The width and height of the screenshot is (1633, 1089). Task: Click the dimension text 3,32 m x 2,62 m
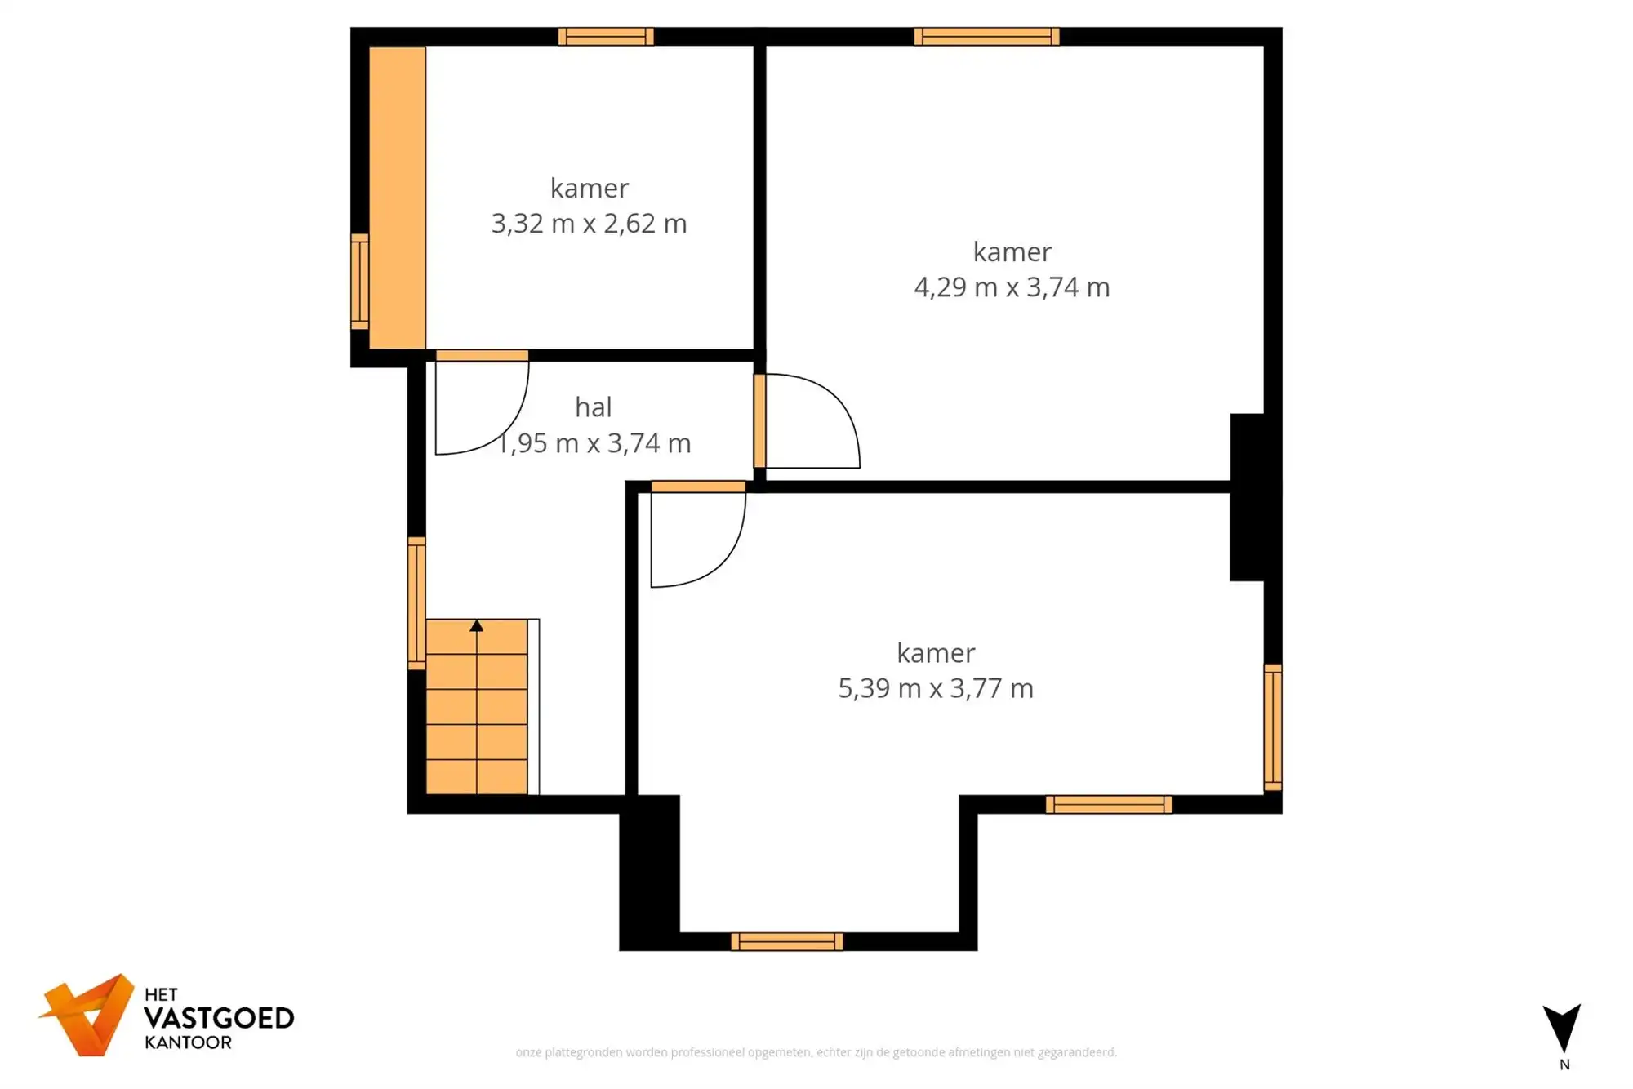pyautogui.click(x=589, y=224)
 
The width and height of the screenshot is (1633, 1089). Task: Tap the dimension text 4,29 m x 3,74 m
pyautogui.click(x=1012, y=287)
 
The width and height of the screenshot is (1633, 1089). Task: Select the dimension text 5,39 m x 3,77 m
pyautogui.click(x=936, y=688)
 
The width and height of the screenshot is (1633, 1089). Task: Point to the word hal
pyautogui.click(x=593, y=407)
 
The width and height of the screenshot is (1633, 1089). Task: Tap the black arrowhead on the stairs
pyautogui.click(x=477, y=626)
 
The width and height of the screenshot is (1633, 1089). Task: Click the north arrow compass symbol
pyautogui.click(x=1562, y=1028)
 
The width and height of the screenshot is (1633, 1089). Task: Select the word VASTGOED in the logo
pyautogui.click(x=219, y=1018)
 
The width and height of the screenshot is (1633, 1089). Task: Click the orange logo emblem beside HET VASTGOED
pyautogui.click(x=88, y=1016)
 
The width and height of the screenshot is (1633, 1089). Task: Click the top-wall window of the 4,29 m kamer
pyautogui.click(x=986, y=36)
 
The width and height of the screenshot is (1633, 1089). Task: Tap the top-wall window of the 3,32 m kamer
pyautogui.click(x=606, y=36)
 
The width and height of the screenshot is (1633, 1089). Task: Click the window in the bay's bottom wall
pyautogui.click(x=786, y=941)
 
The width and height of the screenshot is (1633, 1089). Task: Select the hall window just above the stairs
pyautogui.click(x=416, y=603)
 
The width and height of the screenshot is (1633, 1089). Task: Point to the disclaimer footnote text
pyautogui.click(x=816, y=1052)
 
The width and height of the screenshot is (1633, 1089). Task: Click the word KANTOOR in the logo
pyautogui.click(x=188, y=1042)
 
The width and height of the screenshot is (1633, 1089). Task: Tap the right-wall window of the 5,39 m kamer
pyautogui.click(x=1272, y=727)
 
